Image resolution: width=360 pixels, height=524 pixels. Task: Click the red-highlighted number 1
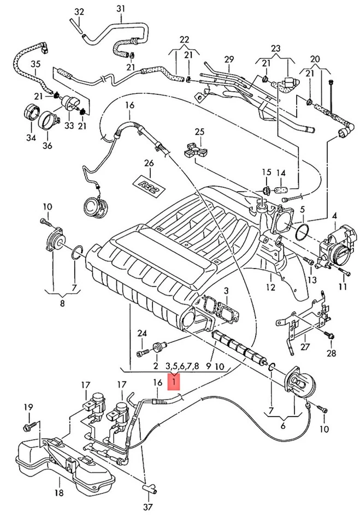pyautogui.click(x=174, y=382)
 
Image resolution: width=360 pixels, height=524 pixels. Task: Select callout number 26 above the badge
pyautogui.click(x=149, y=163)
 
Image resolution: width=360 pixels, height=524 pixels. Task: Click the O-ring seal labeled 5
pyautogui.click(x=303, y=233)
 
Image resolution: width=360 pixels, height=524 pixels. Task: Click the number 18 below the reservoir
pyautogui.click(x=58, y=492)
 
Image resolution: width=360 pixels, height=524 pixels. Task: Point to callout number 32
pyautogui.click(x=79, y=13)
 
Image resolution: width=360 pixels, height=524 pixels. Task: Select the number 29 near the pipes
pyautogui.click(x=229, y=59)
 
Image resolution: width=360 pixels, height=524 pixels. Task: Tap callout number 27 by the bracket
pyautogui.click(x=305, y=347)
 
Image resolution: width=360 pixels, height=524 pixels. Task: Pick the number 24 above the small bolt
pyautogui.click(x=142, y=333)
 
